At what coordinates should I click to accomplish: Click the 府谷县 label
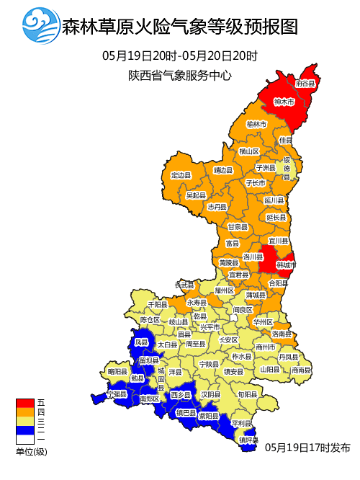[x=306, y=84]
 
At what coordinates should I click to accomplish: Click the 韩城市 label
[x=286, y=265]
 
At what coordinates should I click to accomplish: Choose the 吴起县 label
[x=196, y=195]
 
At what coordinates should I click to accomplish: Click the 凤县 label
[x=141, y=342]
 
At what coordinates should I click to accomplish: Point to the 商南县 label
[x=301, y=370]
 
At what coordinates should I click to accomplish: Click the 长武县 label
[x=185, y=285]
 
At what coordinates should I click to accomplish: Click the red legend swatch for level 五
[x=24, y=402]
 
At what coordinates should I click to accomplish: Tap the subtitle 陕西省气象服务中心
[x=180, y=74]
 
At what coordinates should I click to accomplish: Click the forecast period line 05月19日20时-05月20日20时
[x=180, y=55]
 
